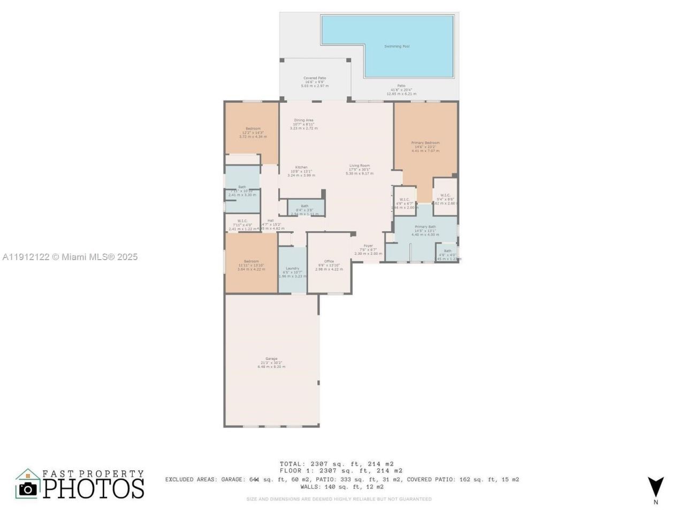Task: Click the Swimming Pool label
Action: click(x=397, y=47)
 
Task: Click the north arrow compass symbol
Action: click(x=656, y=488)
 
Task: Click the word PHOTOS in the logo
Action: click(x=94, y=488)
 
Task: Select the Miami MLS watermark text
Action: click(x=70, y=257)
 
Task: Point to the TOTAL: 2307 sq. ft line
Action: click(x=337, y=464)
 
